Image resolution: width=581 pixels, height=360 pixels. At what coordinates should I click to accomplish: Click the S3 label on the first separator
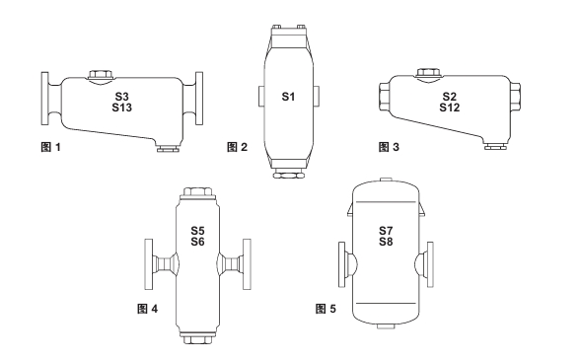click(x=121, y=97)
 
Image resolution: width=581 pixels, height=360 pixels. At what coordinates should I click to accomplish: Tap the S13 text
click(x=122, y=108)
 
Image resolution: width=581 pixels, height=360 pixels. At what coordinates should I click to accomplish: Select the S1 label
click(x=288, y=97)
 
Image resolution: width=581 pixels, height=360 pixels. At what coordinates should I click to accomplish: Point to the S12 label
click(x=450, y=108)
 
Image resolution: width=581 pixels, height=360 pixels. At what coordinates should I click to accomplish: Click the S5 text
click(x=197, y=231)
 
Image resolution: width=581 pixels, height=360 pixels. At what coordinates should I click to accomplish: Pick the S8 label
click(x=386, y=242)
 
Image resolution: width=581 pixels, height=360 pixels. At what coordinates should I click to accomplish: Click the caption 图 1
click(x=50, y=147)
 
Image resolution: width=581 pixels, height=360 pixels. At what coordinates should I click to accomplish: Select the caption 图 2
click(x=237, y=147)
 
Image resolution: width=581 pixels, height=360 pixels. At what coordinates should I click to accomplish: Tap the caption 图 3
click(x=389, y=147)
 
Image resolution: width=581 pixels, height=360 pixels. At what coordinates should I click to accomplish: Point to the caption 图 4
click(x=147, y=309)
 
